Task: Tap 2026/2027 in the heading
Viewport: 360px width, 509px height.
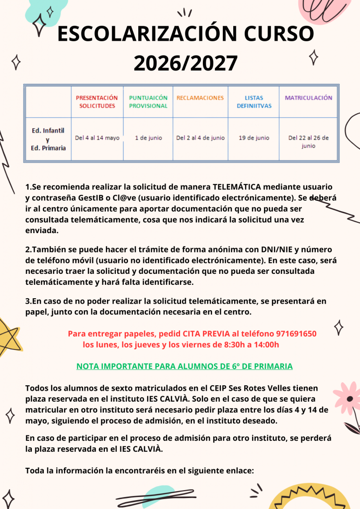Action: pos(185,63)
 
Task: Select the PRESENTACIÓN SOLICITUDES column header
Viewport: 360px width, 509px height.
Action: pos(97,102)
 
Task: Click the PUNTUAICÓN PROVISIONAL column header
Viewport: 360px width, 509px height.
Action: pos(148,102)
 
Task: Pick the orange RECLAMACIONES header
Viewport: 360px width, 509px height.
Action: pos(200,98)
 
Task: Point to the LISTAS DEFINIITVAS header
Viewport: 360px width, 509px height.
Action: pos(254,102)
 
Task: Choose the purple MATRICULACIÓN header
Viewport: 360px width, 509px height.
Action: pos(308,98)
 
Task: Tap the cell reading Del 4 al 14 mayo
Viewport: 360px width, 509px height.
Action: pos(97,138)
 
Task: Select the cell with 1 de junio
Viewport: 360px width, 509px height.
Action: pos(148,138)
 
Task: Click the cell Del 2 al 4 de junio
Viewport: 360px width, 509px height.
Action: pos(200,138)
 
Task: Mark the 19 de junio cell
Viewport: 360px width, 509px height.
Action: pos(254,138)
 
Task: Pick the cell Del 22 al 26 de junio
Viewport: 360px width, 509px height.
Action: pos(308,142)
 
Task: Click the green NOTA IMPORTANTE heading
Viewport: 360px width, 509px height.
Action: pos(184,366)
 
